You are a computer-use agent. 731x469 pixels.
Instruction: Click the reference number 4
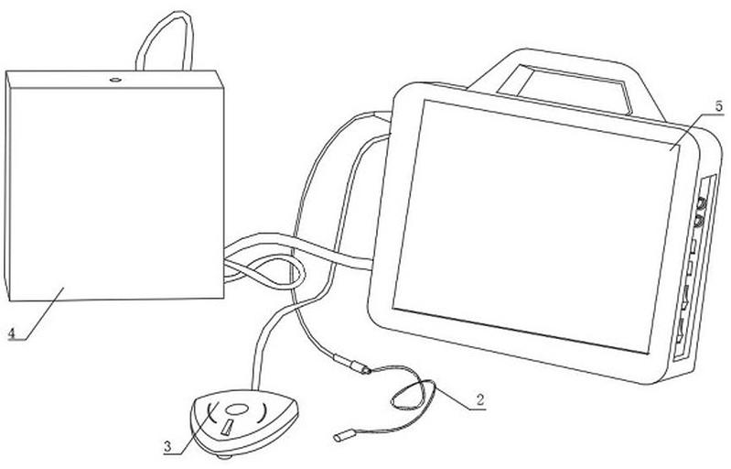[11, 334]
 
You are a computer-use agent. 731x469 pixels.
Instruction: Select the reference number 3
[167, 447]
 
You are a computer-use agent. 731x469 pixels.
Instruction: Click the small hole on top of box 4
[116, 81]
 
